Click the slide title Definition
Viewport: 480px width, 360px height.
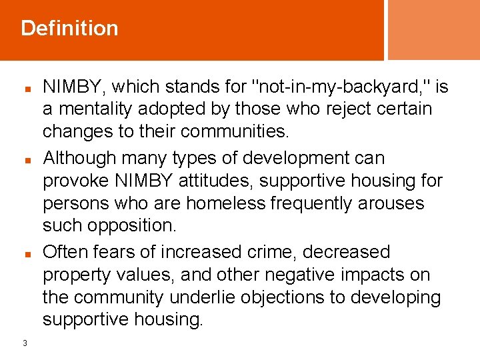(x=69, y=28)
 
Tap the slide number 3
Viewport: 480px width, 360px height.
(x=25, y=343)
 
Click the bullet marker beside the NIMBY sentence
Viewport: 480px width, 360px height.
(x=25, y=88)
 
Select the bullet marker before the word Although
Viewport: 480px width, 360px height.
(x=25, y=160)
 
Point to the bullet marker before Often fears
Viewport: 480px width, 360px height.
(x=25, y=254)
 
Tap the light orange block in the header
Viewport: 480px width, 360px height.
(x=433, y=30)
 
